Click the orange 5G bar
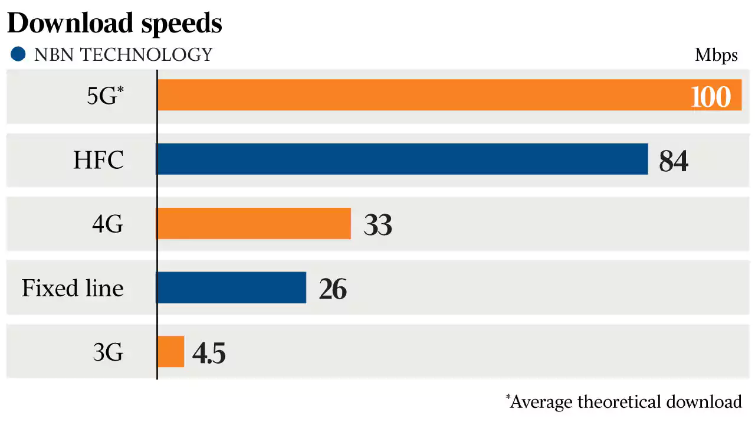(413, 95)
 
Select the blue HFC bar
(402, 159)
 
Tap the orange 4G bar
(254, 223)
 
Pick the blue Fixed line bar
(231, 287)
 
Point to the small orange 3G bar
(170, 352)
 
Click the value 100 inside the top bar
(711, 96)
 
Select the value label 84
(674, 161)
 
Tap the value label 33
(378, 225)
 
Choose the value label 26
(333, 289)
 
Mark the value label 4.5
(209, 353)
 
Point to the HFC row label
(99, 160)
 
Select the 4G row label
(107, 224)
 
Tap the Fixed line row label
(73, 289)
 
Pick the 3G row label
(108, 353)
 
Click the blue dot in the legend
(19, 55)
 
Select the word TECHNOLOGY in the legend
(146, 55)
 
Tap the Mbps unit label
(716, 55)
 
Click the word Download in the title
(70, 23)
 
